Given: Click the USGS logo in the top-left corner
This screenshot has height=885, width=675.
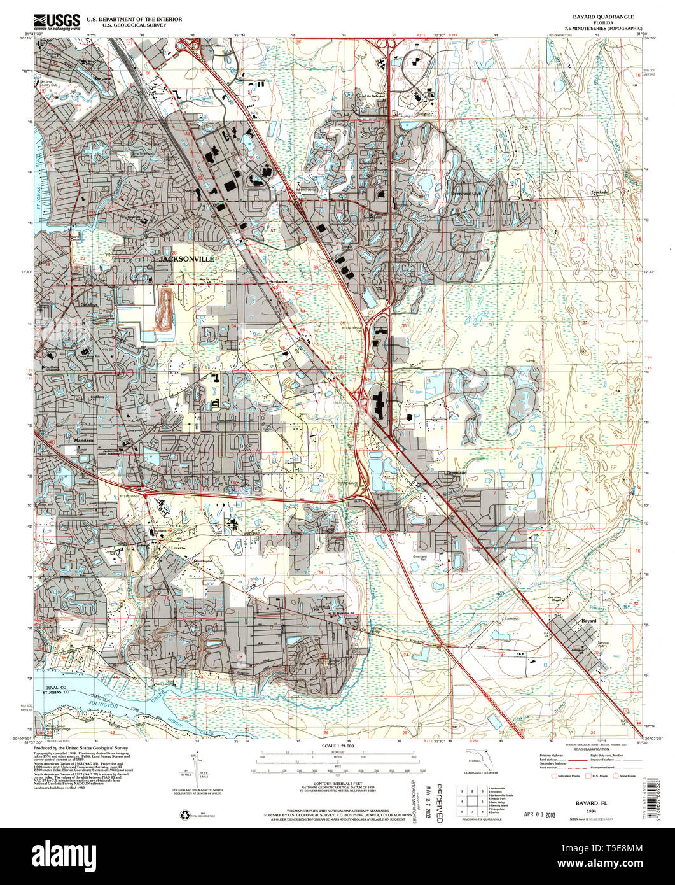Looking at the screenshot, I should (x=53, y=20).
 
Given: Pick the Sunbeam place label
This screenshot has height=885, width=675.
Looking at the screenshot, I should (x=278, y=281).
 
